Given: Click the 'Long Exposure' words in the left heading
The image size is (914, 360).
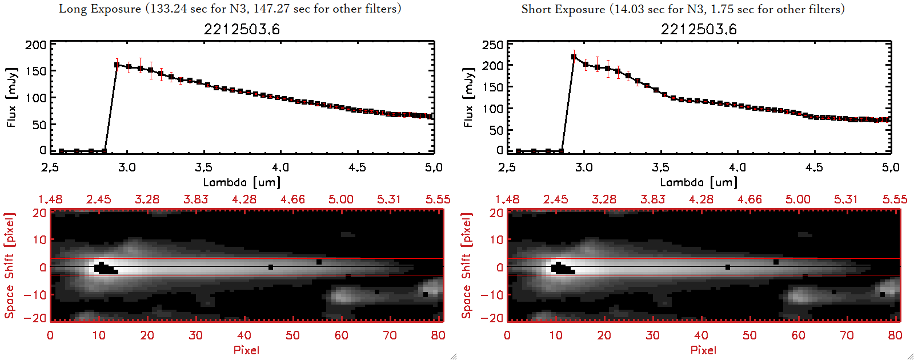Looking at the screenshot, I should (100, 9).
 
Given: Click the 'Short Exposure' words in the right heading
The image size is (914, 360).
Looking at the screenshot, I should (563, 9).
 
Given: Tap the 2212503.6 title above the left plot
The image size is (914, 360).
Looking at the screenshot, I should (242, 29).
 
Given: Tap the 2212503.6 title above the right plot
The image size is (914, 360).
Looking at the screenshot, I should (699, 29).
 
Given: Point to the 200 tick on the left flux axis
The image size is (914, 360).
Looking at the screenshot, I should (35, 45).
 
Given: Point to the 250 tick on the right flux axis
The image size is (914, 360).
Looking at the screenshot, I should (492, 45).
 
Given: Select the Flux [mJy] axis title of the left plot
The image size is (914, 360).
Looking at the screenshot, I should (12, 97).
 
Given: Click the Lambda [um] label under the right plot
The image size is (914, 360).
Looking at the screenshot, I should (699, 182).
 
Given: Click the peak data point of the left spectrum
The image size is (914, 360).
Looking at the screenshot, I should (117, 65).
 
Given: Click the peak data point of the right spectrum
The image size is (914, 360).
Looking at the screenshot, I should (574, 57).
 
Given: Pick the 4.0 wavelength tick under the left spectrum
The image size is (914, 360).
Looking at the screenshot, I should (280, 167).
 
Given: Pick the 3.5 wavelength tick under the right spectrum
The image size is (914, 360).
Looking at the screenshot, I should (660, 167).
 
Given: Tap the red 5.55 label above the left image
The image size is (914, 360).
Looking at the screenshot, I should (438, 199).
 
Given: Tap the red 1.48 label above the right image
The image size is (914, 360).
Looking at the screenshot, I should (507, 199).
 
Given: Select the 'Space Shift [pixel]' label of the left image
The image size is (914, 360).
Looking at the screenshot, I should (9, 266).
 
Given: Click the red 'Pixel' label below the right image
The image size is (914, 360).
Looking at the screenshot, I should (703, 350).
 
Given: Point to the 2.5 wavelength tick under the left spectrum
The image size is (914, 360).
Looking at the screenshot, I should (50, 167).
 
